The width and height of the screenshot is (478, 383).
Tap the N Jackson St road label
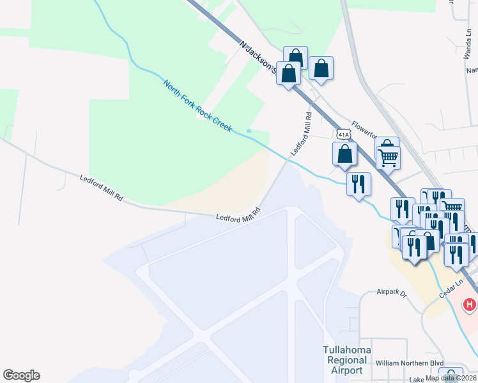click(257, 57)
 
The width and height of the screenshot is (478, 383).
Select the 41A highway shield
click(343, 135)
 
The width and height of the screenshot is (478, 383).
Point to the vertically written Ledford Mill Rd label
click(301, 135)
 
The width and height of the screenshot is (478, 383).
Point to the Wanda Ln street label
click(466, 48)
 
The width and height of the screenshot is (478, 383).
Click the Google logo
click(21, 375)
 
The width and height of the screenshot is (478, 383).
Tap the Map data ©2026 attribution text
click(451, 378)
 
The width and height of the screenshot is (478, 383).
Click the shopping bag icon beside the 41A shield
click(344, 154)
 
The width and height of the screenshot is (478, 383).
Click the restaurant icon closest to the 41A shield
click(358, 183)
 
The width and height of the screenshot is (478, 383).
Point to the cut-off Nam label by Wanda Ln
click(472, 70)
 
